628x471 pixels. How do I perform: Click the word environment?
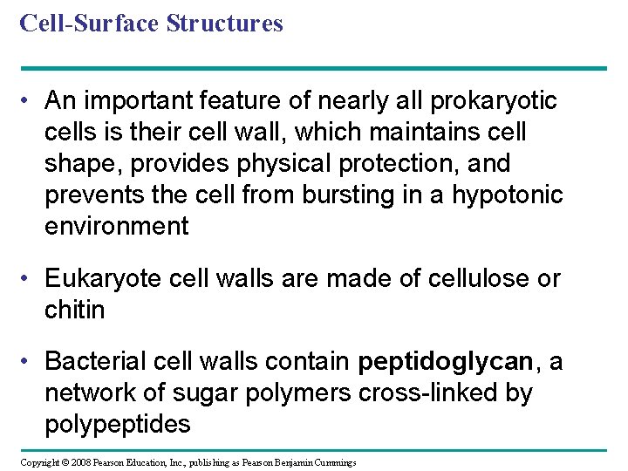pos(116,227)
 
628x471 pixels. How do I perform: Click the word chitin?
pos(74,311)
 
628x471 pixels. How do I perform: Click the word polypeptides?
pos(117,424)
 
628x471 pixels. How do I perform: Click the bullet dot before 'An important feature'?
pos(29,102)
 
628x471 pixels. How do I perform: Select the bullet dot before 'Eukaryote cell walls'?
pos(29,280)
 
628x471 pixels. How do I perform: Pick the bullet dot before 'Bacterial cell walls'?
pos(29,362)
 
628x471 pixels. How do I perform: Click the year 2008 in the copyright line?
pos(79,462)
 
